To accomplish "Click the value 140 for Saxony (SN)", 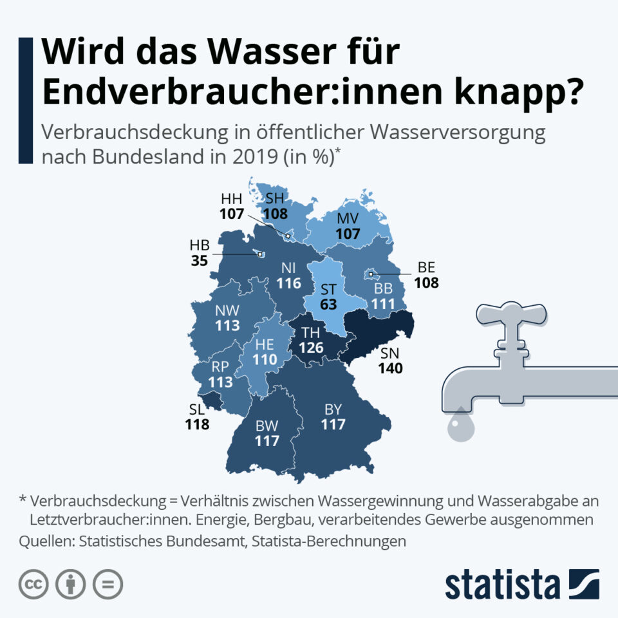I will pyautogui.click(x=391, y=369).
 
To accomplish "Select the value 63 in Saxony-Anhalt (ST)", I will pyautogui.click(x=328, y=304).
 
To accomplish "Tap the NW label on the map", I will pyautogui.click(x=227, y=310).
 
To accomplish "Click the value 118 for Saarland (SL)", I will pyautogui.click(x=197, y=425).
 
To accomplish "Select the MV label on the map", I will pyautogui.click(x=348, y=219).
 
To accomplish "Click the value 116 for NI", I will pyautogui.click(x=289, y=283).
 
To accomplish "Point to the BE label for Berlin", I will pyautogui.click(x=427, y=266).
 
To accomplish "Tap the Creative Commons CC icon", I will pyautogui.click(x=34, y=585).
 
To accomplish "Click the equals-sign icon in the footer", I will pyautogui.click(x=108, y=585).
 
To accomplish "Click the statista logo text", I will pyautogui.click(x=502, y=585).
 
